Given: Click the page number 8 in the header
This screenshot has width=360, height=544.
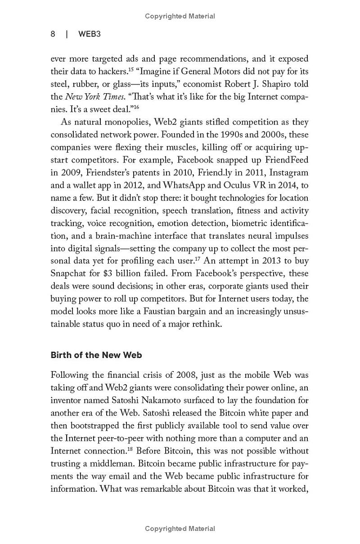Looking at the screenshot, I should point(53,34).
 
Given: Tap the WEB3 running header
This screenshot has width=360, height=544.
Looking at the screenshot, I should point(89,34).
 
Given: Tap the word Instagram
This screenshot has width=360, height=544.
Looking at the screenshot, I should point(290,172).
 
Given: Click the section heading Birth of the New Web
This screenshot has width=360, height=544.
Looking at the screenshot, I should point(96,355).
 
